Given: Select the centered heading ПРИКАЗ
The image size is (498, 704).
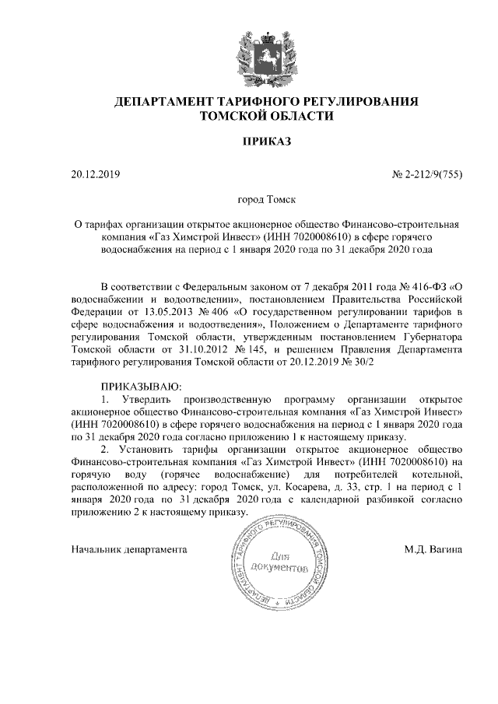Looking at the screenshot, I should (249, 143).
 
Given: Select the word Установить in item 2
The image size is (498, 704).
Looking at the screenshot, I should (151, 452).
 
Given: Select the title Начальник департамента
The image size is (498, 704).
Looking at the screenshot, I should (128, 549).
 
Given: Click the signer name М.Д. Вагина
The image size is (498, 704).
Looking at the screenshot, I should (433, 549).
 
